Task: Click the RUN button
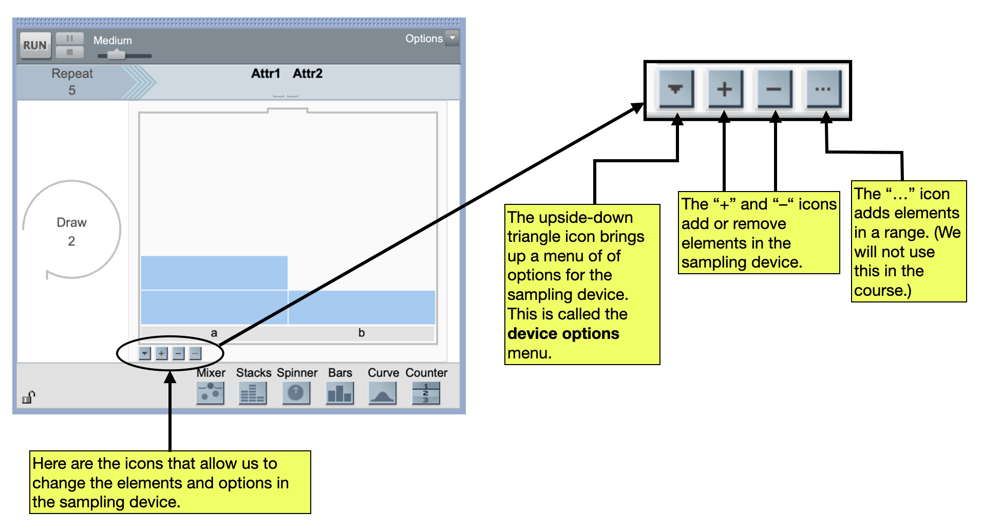35,45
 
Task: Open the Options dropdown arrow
452,39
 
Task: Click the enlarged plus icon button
725,89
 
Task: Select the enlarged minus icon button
774,89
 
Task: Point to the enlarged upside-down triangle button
676,89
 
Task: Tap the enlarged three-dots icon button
823,89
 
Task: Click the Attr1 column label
266,73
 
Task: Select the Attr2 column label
308,73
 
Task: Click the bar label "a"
214,333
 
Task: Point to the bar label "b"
362,333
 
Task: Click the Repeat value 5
72,90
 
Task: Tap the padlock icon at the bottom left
29,397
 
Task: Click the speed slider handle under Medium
117,55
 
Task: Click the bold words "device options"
563,334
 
